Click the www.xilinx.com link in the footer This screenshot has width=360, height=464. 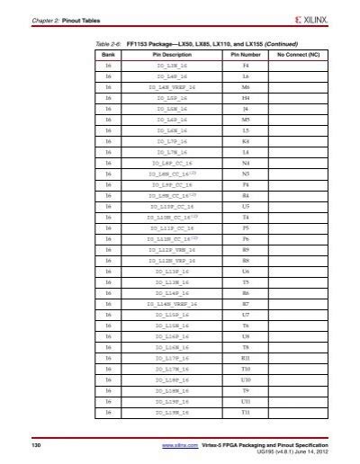180,445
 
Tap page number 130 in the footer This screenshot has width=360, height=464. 37,445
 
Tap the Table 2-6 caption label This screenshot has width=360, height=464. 107,42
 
